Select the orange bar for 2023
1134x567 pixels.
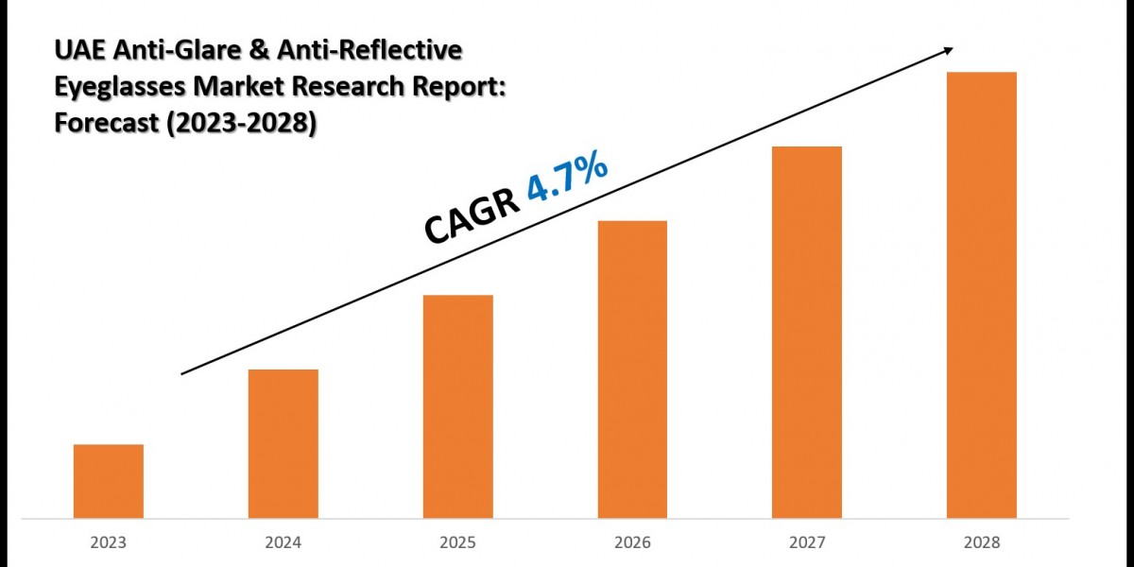pyautogui.click(x=109, y=481)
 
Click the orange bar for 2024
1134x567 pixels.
pyautogui.click(x=283, y=443)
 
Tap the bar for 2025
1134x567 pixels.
pyautogui.click(x=458, y=406)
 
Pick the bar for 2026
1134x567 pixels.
pyautogui.click(x=632, y=369)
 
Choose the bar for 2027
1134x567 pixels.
pyautogui.click(x=807, y=332)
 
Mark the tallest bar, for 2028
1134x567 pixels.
pyautogui.click(x=982, y=295)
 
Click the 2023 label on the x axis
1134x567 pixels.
pyautogui.click(x=109, y=543)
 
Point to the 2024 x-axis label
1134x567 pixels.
pyautogui.click(x=283, y=543)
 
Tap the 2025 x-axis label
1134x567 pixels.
pyautogui.click(x=458, y=543)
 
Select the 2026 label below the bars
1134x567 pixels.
pyautogui.click(x=632, y=543)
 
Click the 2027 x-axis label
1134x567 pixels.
pyautogui.click(x=807, y=543)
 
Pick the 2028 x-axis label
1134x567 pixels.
pyautogui.click(x=982, y=543)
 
